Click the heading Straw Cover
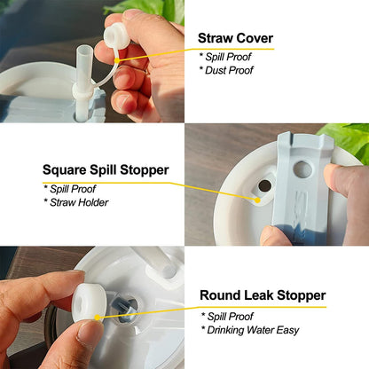coord(234,38)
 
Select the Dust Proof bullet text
coord(229,70)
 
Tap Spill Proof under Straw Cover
coord(229,57)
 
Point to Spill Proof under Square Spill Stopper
coord(73,189)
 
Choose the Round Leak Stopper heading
coord(262,295)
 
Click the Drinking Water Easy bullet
coord(250,329)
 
